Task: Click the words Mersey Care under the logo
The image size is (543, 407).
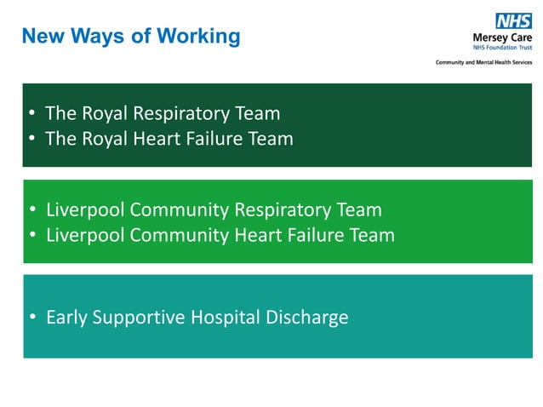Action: [502, 39]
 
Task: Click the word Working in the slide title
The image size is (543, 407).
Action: [202, 36]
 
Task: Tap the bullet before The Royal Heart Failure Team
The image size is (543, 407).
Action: [31, 140]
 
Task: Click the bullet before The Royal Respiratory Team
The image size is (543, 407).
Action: [31, 114]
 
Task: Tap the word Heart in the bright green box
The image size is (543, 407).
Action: [258, 234]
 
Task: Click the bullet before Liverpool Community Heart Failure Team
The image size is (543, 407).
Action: [31, 236]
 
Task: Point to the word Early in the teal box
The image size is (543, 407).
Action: [66, 318]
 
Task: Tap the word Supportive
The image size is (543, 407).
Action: [137, 318]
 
